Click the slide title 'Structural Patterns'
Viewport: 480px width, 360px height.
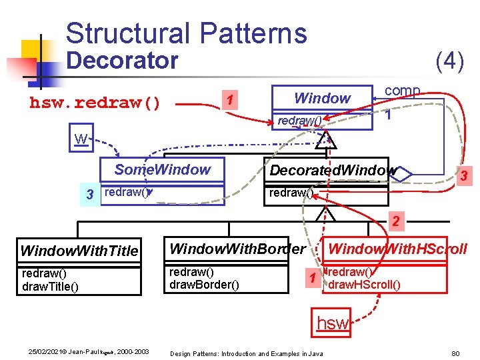[186, 33]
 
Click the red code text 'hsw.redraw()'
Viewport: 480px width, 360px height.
[95, 103]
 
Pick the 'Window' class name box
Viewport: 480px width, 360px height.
[322, 98]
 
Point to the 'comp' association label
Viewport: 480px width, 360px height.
[402, 90]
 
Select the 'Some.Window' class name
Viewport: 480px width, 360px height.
[162, 169]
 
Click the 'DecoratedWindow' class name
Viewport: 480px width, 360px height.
[332, 170]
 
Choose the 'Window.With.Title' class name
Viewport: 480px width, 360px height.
[79, 251]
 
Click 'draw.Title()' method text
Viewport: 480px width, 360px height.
[50, 286]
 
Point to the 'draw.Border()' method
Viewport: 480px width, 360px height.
[202, 285]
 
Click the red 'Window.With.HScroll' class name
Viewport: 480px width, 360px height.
[397, 249]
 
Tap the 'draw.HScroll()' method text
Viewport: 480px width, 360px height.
[365, 285]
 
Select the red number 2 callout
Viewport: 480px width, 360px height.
[395, 221]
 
